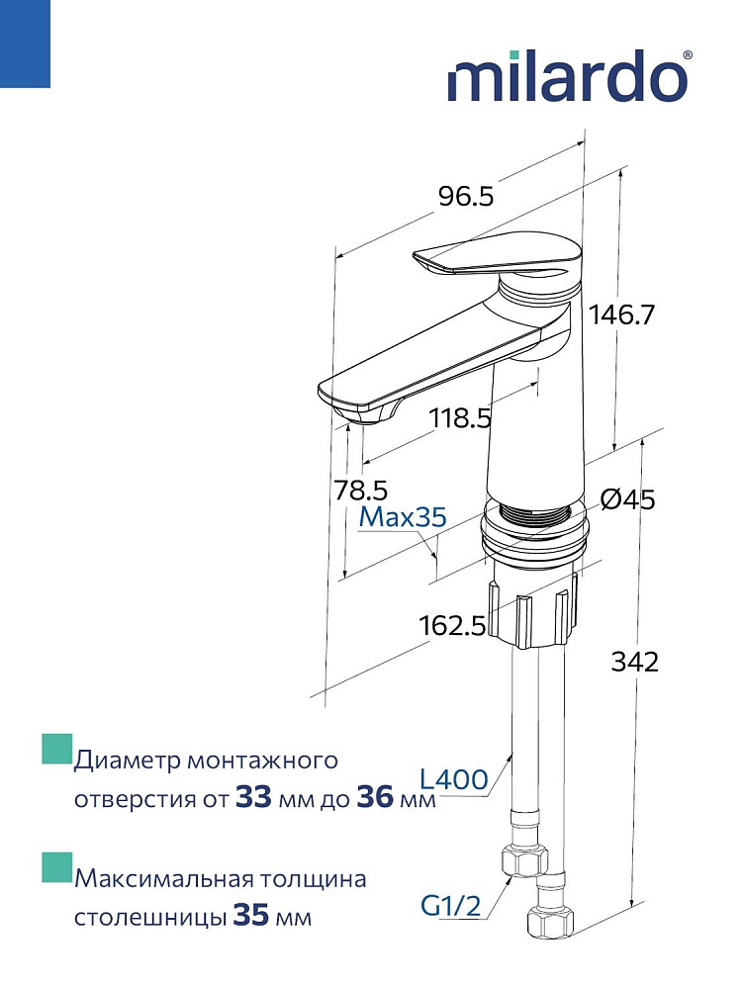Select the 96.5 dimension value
click(464, 196)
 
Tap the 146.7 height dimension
click(622, 315)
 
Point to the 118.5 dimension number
click(460, 418)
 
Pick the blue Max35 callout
click(403, 516)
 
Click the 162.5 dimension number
click(452, 625)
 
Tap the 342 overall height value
click(634, 663)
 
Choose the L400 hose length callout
click(453, 778)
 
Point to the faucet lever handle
click(495, 259)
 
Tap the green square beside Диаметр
click(55, 750)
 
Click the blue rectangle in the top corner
click(25, 44)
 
